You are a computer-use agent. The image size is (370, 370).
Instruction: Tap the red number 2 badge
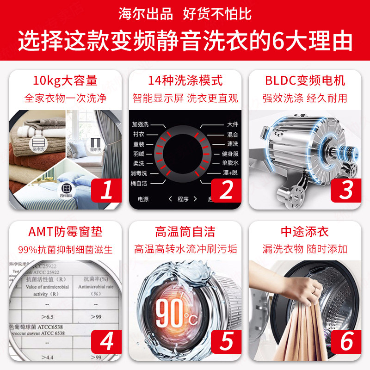(x=226, y=190)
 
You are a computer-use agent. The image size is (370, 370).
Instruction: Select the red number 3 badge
(x=346, y=190)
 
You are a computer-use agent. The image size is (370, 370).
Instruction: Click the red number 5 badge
(x=226, y=342)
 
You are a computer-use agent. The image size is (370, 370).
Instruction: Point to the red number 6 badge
(x=346, y=342)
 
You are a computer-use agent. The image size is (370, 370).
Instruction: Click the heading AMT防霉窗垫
(x=65, y=231)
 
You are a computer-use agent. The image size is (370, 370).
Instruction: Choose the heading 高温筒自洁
(x=185, y=231)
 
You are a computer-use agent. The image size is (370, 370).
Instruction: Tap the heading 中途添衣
(x=305, y=231)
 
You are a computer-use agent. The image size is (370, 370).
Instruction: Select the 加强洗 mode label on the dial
(x=140, y=125)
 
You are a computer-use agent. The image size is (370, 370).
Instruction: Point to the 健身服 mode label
(x=229, y=154)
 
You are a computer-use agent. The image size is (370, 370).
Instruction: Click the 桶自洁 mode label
(x=139, y=183)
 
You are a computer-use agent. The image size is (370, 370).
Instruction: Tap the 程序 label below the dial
(x=183, y=199)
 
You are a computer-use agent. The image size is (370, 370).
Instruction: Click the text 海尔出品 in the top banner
(x=145, y=13)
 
